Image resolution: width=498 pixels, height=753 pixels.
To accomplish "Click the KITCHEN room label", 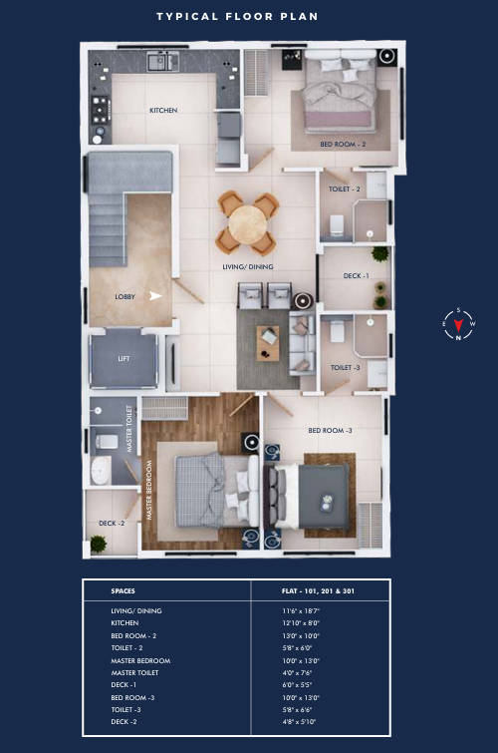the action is click(163, 111).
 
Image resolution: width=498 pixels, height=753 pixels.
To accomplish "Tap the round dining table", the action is click(248, 224).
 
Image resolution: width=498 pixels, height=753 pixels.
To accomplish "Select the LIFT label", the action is click(124, 359).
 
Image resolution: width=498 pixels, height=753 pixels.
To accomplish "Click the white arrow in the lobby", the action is click(155, 296).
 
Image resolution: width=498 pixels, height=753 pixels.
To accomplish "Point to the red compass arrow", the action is click(458, 324).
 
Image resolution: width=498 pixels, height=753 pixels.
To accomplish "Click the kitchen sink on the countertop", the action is click(163, 62).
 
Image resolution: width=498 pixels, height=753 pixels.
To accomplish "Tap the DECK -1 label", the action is click(356, 276).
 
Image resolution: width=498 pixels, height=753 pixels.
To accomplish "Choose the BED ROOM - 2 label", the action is click(343, 144).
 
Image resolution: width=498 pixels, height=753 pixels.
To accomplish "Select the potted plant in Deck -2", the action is click(99, 545).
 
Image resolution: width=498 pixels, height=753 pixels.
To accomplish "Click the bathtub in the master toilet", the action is click(101, 470).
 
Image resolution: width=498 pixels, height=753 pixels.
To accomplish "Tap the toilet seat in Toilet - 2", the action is click(337, 224).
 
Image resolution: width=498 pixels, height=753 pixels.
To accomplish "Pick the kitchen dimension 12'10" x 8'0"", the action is click(301, 623).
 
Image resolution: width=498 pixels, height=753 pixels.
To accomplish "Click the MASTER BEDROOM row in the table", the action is click(140, 661).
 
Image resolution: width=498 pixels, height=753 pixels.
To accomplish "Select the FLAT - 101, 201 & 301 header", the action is click(318, 591).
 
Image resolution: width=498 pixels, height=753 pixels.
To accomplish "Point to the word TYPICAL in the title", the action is click(187, 17).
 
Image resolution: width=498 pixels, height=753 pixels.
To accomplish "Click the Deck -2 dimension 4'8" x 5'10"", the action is click(299, 722).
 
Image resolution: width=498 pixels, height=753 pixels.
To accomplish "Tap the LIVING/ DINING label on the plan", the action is click(248, 267).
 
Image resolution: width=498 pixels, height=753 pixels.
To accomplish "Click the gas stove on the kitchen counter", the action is click(100, 110).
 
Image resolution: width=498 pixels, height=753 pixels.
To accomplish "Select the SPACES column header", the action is click(123, 591).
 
